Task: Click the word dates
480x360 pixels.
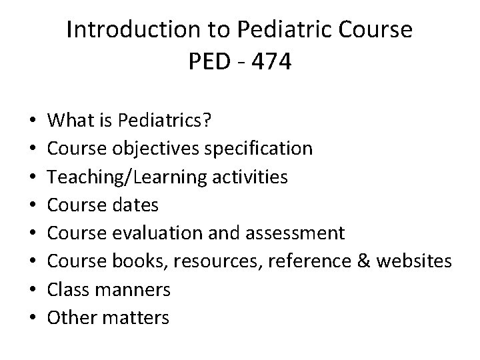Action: tap(137, 204)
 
